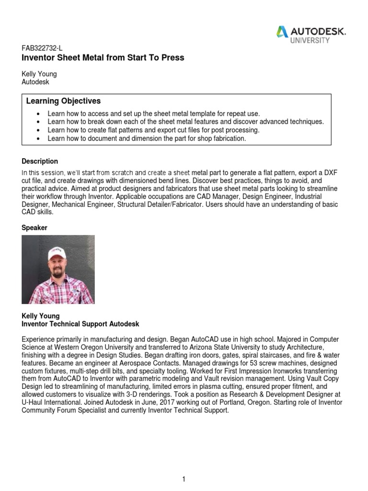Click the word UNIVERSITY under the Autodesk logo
310,41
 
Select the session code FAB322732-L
42,48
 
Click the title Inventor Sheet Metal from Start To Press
103,58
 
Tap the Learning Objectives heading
63,101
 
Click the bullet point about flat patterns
153,130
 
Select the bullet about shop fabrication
147,139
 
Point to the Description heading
40,161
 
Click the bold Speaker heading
34,228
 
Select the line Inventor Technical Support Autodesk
80,324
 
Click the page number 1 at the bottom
184,466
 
